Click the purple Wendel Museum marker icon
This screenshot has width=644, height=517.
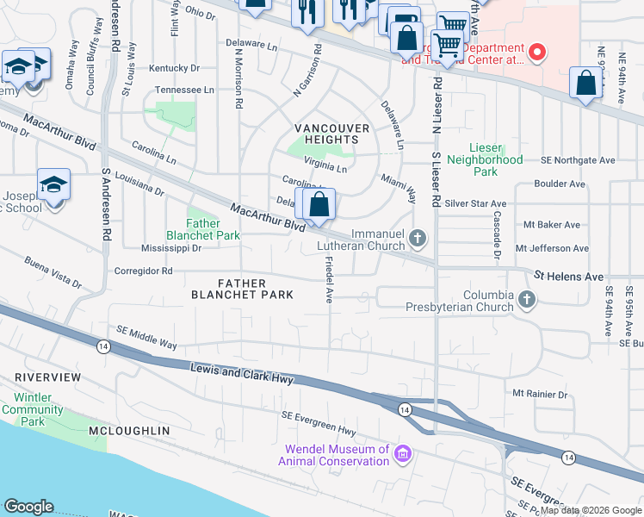click(401, 453)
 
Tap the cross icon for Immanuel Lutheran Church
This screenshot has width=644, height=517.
click(418, 238)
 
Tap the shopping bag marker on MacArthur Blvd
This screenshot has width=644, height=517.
click(319, 205)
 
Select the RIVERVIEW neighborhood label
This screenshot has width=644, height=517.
click(47, 377)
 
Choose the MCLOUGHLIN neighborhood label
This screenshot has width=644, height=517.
click(129, 430)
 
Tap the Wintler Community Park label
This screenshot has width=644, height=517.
click(33, 409)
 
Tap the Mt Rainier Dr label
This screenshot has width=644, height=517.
click(541, 394)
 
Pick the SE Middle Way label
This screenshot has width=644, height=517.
click(147, 338)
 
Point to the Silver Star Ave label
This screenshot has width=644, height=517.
click(475, 204)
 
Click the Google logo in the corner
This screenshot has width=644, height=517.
click(28, 507)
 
